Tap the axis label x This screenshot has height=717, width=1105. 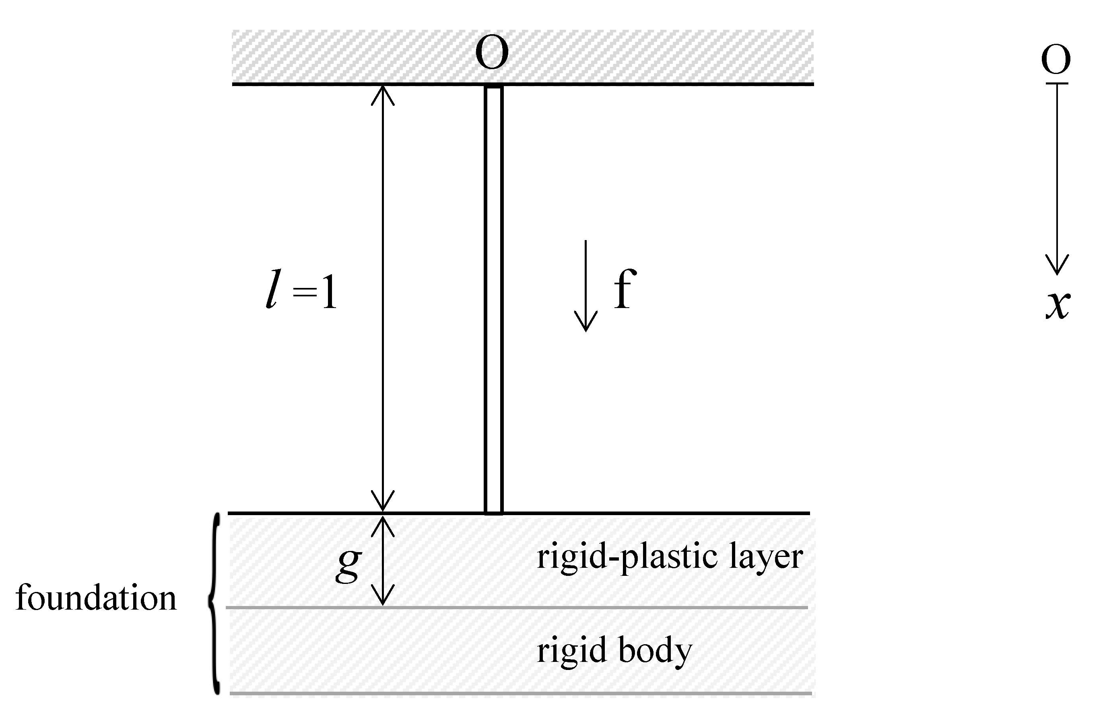[x=1058, y=305]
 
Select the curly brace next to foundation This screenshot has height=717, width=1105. [x=214, y=603]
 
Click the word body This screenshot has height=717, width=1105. [x=655, y=651]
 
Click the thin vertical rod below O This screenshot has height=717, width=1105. [x=493, y=297]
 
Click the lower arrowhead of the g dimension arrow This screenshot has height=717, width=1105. [x=383, y=596]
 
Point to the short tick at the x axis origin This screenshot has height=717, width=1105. [x=1057, y=84]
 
